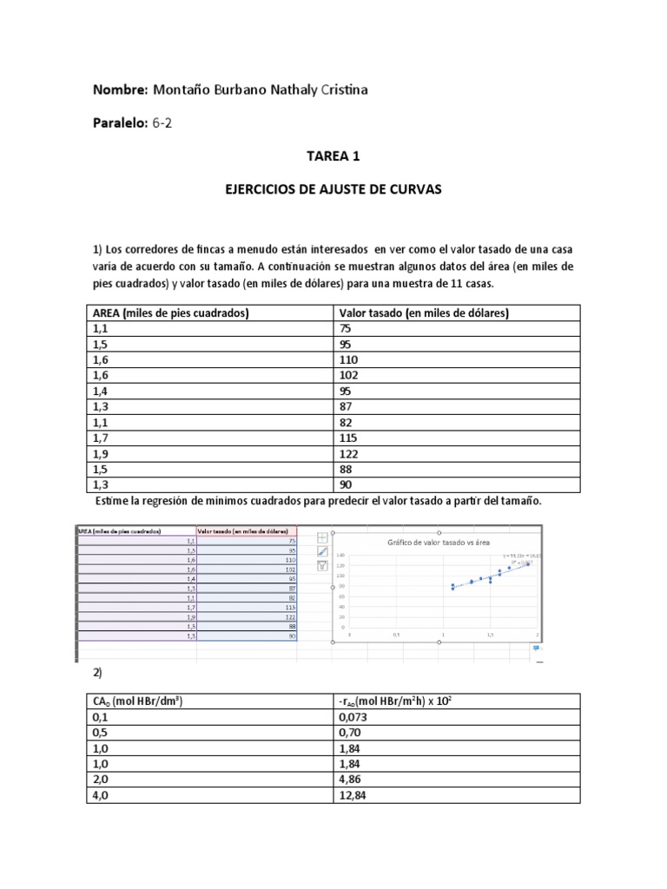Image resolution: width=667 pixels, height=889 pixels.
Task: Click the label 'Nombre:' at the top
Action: click(120, 90)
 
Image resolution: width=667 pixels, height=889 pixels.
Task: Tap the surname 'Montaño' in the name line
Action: click(181, 90)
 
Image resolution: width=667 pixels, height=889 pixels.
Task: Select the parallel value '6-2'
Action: click(162, 123)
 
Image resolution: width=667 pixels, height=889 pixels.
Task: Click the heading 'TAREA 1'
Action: click(333, 157)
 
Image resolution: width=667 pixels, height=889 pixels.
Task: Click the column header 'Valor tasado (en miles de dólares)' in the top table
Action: click(422, 313)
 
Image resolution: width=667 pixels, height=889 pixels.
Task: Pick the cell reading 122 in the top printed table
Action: click(345, 453)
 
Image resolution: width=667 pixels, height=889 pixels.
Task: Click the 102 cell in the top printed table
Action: click(345, 375)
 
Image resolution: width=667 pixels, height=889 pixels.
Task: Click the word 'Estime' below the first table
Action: click(112, 501)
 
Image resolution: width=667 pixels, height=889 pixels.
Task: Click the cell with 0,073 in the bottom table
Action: click(351, 718)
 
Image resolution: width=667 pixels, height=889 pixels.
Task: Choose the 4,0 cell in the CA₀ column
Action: click(101, 796)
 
